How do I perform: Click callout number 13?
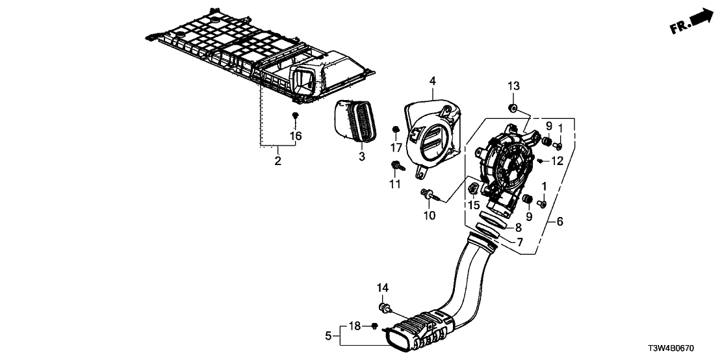[x=513, y=86]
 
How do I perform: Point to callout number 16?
[x=296, y=136]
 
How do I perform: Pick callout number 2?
[x=277, y=161]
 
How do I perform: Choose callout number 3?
[x=362, y=157]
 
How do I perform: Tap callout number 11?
[x=395, y=185]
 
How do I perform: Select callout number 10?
[x=429, y=215]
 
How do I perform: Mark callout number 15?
[x=472, y=205]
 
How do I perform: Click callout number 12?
[x=557, y=161]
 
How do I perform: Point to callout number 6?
[x=559, y=222]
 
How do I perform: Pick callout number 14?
[x=382, y=288]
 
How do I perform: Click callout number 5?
[x=328, y=336]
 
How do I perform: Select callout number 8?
[x=518, y=228]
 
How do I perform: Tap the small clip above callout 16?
[x=296, y=116]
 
